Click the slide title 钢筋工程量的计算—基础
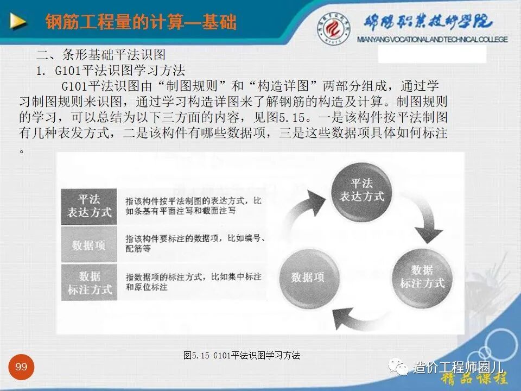141,22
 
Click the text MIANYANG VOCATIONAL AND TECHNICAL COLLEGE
433,40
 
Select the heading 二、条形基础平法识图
101,55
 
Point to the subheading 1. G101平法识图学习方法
111,71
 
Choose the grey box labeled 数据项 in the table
90,245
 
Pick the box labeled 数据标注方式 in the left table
90,283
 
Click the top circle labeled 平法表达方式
361,190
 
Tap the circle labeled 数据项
307,277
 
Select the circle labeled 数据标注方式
422,277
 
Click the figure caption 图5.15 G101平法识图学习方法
242,356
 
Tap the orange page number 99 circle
21,368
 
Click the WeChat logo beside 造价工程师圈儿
403,368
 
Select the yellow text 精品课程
474,379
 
